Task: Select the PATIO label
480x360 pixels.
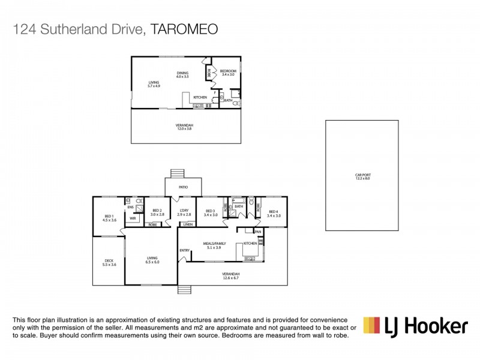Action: pos(183,187)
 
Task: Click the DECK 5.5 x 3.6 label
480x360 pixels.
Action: pos(109,262)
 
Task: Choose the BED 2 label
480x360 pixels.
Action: pos(157,212)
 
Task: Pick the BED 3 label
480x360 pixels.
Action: pos(210,212)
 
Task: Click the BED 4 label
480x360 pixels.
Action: pos(274,212)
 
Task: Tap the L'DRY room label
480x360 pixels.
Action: pos(184,212)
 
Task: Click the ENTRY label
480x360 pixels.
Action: pos(184,251)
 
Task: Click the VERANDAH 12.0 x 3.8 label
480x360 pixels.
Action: pos(185,127)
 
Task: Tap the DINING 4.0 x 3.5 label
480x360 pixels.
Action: pos(182,75)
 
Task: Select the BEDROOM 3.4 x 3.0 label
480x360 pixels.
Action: pos(229,73)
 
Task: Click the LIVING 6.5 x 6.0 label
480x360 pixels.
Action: pos(152,260)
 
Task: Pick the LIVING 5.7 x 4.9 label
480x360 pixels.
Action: pos(155,85)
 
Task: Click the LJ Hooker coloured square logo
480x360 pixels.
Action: pos(373,325)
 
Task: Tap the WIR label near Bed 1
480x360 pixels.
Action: pos(133,218)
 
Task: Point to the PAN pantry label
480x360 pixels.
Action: pos(258,231)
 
